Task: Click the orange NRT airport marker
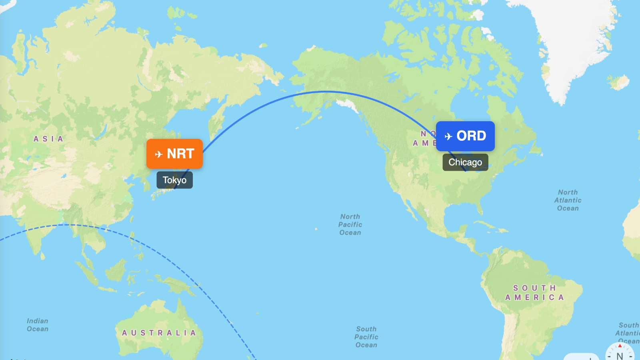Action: click(x=174, y=154)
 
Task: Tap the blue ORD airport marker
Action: click(x=465, y=136)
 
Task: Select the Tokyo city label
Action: click(x=174, y=180)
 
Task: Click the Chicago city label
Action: click(x=465, y=162)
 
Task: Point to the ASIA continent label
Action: click(x=48, y=139)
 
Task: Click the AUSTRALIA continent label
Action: click(x=159, y=333)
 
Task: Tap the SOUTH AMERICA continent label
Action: click(x=534, y=293)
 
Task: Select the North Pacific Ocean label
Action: click(x=350, y=224)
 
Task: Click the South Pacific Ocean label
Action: click(x=366, y=337)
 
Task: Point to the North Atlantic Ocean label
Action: click(x=568, y=200)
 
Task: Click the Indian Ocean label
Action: click(x=38, y=325)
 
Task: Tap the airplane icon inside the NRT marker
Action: click(x=159, y=154)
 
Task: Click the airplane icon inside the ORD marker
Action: click(x=448, y=136)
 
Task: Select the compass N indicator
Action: click(x=620, y=355)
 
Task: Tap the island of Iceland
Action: click(x=619, y=82)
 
